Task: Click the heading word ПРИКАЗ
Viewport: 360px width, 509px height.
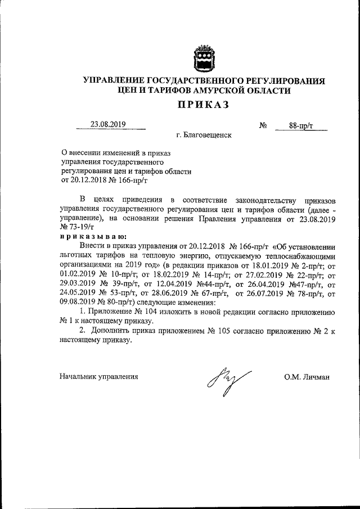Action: pyautogui.click(x=204, y=105)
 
